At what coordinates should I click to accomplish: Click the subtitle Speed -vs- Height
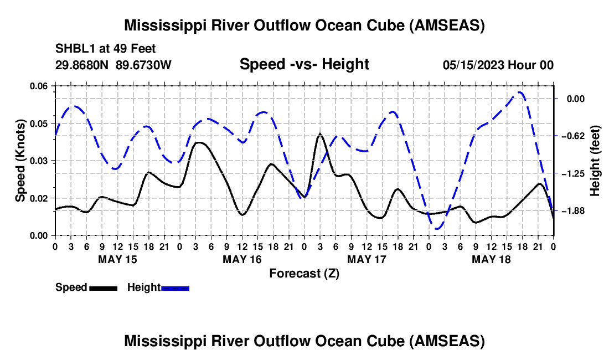tap(304, 64)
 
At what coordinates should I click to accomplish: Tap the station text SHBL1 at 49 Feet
tap(98, 48)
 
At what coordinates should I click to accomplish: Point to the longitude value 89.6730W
tap(144, 65)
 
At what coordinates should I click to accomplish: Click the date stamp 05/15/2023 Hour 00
tap(498, 65)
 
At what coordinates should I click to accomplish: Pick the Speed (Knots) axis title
tap(20, 161)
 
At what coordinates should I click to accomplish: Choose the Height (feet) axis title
tap(595, 161)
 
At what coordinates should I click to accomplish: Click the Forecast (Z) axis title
tap(304, 273)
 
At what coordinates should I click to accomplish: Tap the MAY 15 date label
tap(117, 259)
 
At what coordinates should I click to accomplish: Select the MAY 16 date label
tap(242, 259)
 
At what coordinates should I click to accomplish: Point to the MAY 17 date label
tap(367, 259)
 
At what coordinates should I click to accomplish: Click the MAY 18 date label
tap(491, 259)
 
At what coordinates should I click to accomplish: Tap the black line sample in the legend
tap(103, 288)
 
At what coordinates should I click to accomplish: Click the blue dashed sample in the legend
tap(176, 288)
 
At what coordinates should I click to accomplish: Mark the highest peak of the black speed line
tap(319, 134)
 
